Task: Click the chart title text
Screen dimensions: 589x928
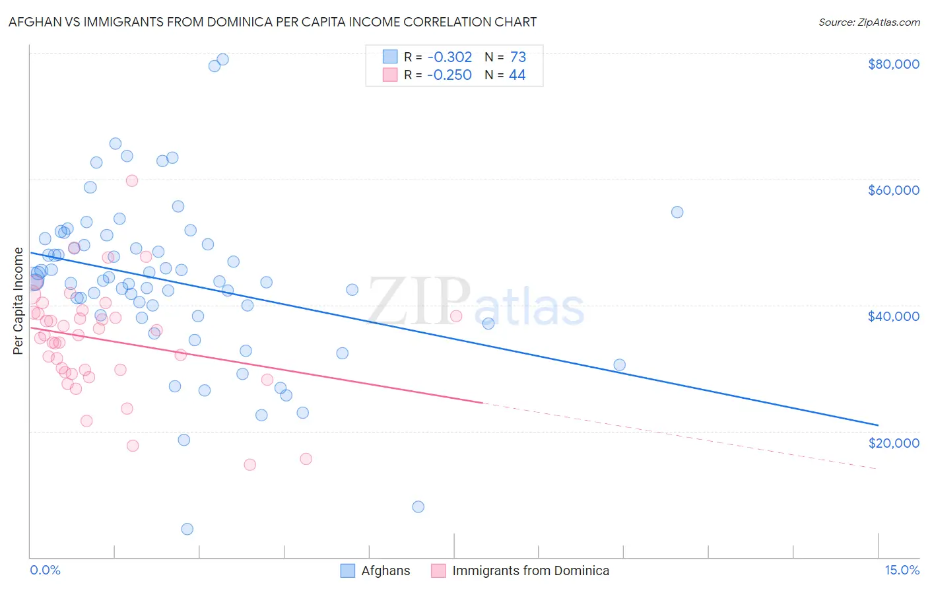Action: click(273, 22)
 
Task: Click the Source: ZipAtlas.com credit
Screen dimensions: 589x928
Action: click(869, 22)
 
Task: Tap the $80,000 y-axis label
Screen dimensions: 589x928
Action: click(893, 64)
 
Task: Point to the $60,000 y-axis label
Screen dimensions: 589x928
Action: click(893, 190)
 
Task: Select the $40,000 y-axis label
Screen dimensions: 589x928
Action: click(893, 316)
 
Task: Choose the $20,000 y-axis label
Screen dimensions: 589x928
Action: click(893, 442)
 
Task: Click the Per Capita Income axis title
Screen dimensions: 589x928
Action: click(18, 301)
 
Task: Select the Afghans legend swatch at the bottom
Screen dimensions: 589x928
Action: click(347, 571)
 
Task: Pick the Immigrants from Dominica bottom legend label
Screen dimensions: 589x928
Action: click(531, 571)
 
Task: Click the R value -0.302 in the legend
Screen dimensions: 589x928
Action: click(449, 57)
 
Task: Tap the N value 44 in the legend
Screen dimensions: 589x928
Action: click(517, 75)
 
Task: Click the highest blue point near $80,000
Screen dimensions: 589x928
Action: click(223, 59)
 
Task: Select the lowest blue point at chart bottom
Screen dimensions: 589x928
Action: click(187, 529)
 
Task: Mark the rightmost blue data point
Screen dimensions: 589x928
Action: click(677, 212)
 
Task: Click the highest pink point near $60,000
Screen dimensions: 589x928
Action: click(132, 180)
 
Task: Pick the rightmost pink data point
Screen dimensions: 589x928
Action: click(456, 316)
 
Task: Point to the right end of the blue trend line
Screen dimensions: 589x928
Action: click(878, 425)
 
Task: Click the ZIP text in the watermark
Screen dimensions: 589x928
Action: click(419, 302)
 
